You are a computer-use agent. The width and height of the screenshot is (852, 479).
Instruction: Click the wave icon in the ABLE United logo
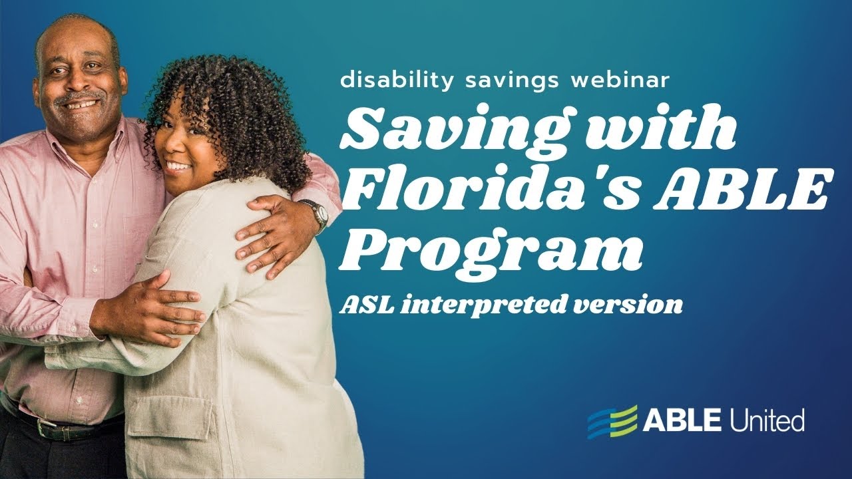612,421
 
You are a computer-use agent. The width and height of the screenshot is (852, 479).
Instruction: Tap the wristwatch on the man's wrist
320,214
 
